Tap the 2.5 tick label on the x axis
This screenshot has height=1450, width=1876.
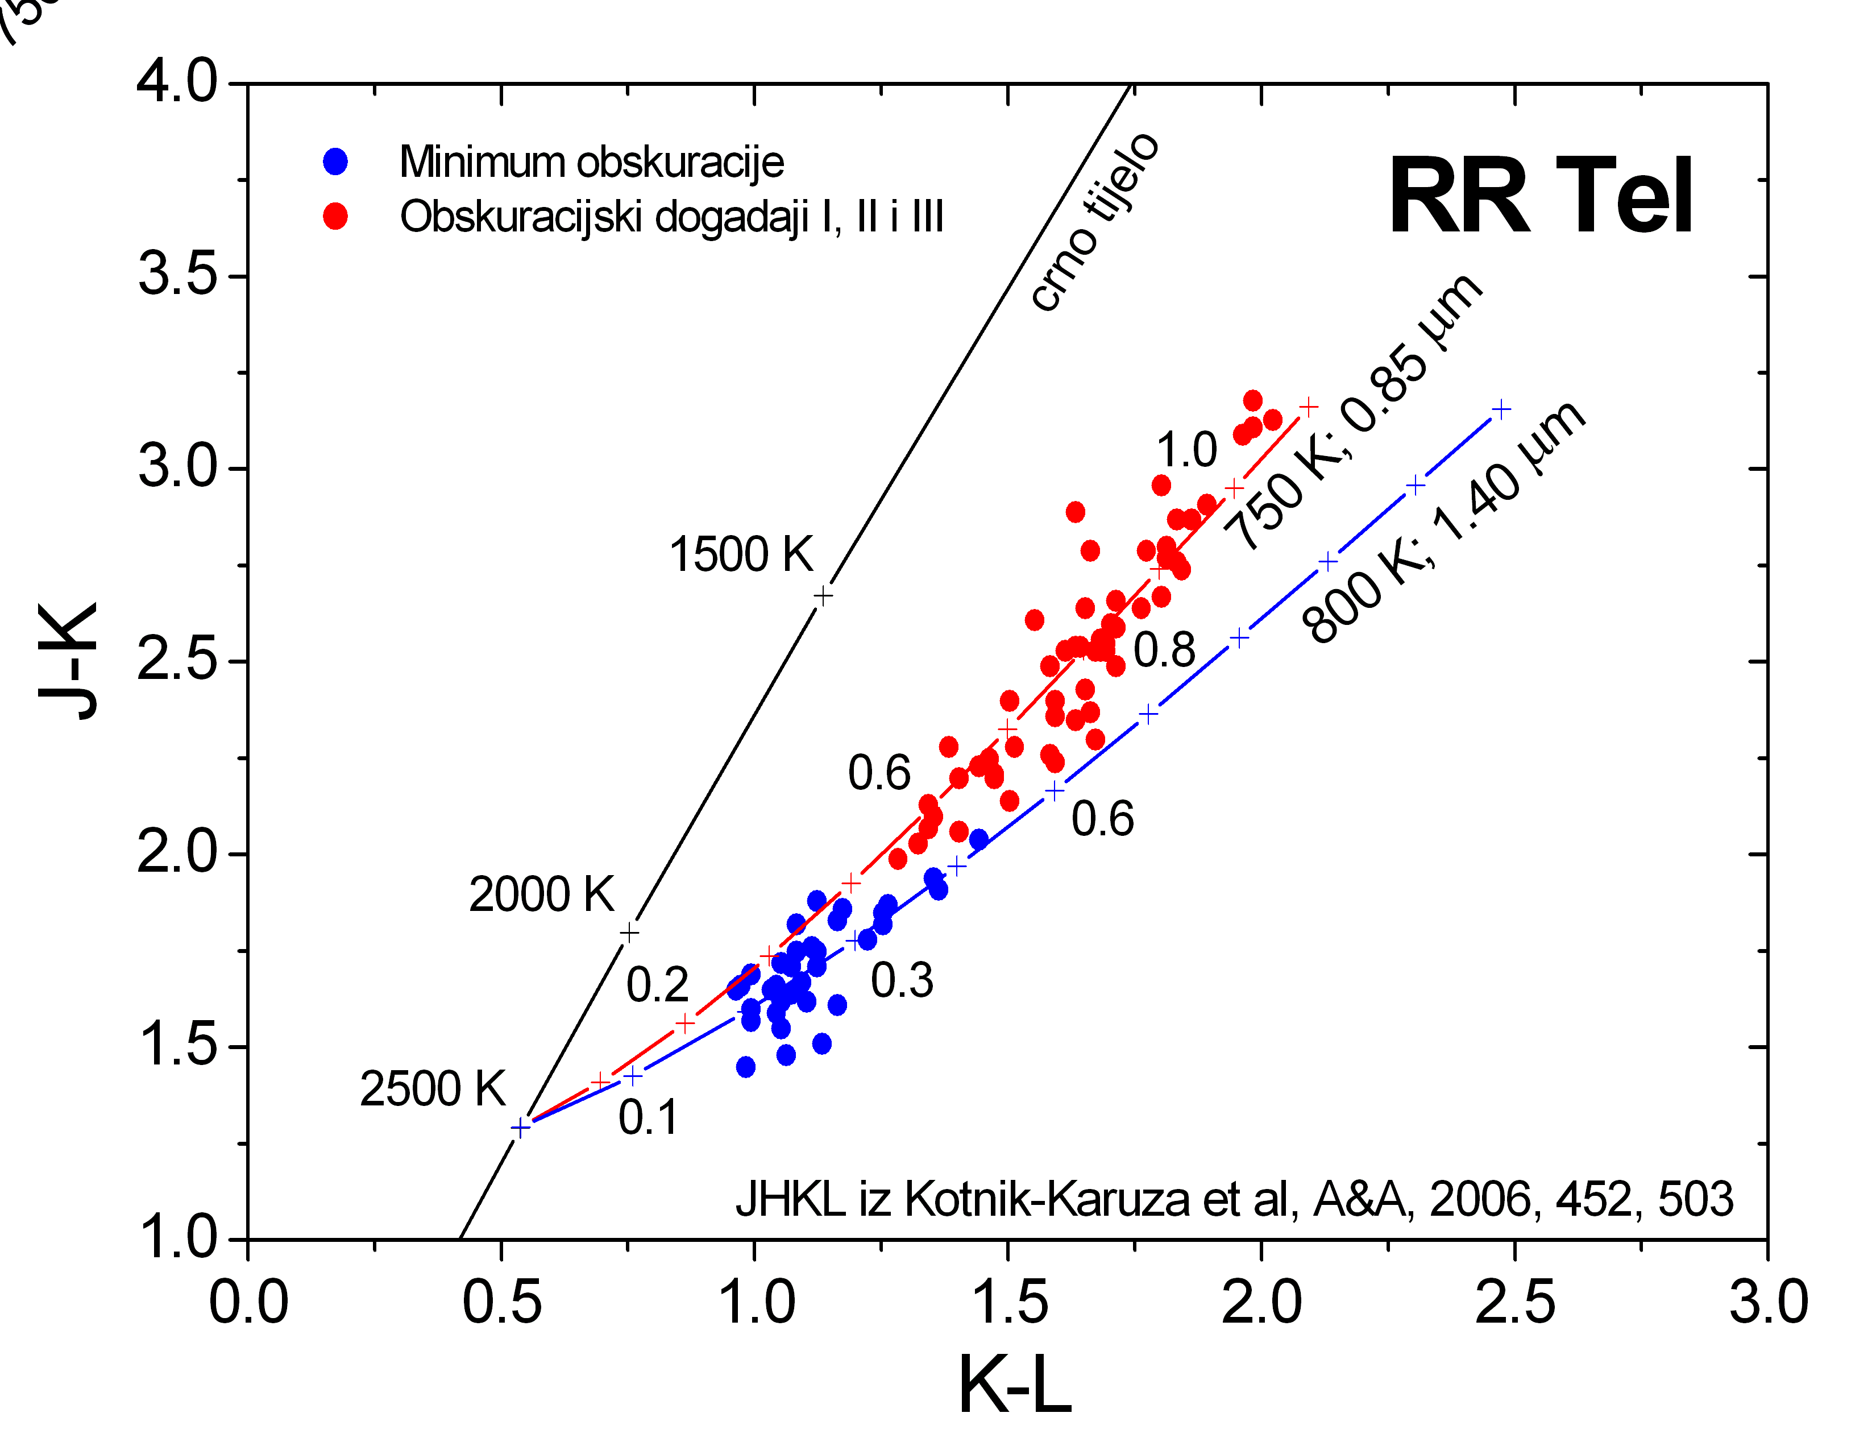1514,1302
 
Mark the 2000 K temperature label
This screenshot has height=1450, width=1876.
541,894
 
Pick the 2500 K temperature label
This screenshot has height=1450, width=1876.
432,1089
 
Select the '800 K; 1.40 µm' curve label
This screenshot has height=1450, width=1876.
1443,522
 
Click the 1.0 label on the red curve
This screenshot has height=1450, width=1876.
1186,449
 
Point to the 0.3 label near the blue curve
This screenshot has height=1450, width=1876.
902,980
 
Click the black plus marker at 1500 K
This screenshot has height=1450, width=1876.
823,595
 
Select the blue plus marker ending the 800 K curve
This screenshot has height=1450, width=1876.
1501,409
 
